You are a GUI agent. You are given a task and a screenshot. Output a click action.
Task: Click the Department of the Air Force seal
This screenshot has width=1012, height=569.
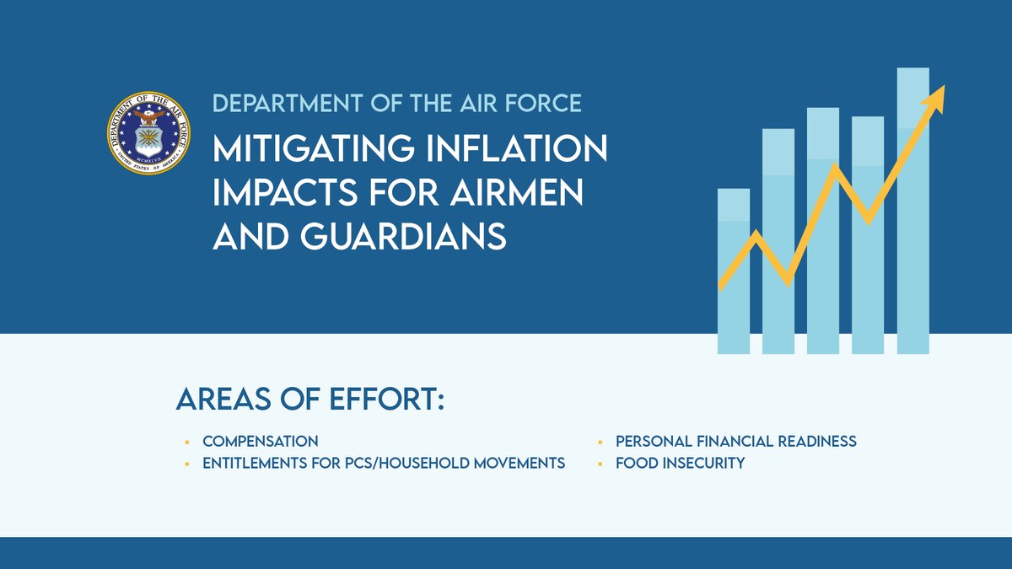[148, 133]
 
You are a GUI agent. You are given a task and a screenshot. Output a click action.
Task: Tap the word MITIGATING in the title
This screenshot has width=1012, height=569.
[314, 149]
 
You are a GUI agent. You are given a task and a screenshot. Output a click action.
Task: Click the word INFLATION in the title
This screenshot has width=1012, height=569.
[517, 148]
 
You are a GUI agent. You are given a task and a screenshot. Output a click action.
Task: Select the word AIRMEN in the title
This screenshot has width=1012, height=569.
[516, 192]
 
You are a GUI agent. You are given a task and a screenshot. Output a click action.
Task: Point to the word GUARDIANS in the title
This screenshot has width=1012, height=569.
[403, 235]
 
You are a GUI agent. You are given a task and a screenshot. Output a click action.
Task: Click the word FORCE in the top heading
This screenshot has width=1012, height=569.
[543, 104]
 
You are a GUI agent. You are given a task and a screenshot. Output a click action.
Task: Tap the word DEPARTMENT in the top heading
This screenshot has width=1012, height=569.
[288, 104]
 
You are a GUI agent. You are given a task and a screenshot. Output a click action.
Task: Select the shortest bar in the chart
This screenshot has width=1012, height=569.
[734, 271]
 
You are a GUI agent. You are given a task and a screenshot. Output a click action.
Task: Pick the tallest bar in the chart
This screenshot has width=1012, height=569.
[913, 211]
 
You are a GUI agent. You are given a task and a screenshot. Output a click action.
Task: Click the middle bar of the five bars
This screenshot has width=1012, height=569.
[823, 231]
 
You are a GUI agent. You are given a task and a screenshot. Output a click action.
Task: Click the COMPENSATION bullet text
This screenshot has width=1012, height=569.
[261, 441]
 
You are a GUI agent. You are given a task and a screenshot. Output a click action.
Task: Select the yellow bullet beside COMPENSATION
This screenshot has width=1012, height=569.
[187, 442]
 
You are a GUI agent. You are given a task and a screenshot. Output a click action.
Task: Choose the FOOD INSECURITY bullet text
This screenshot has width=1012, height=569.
[681, 464]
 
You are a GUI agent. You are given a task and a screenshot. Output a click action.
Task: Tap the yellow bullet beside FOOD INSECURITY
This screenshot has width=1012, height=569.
[600, 464]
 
